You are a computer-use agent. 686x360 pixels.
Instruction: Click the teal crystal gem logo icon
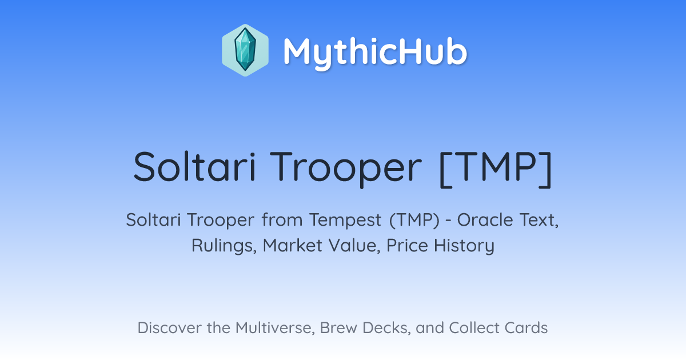[245, 50]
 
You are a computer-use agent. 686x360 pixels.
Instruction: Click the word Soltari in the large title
[195, 167]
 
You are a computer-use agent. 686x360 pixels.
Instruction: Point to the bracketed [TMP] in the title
[496, 169]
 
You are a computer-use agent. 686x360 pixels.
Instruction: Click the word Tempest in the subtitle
[345, 221]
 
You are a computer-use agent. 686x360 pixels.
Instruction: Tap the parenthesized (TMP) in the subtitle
[414, 220]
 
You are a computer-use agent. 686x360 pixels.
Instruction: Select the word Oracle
[485, 219]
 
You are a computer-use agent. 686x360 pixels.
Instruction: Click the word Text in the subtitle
[539, 220]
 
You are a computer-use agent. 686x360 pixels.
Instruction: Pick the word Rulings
[224, 246]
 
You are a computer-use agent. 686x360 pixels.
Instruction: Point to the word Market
[293, 245]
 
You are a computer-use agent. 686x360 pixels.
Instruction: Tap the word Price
[407, 245]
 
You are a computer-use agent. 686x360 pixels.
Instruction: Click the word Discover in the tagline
[169, 328]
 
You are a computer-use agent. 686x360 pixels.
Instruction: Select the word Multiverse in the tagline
[275, 328]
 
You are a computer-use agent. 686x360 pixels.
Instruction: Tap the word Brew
[338, 328]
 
